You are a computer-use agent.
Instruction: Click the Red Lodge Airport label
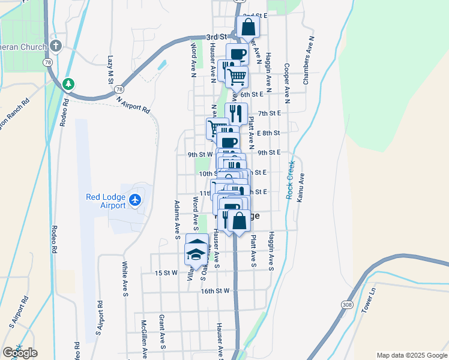pyautogui.click(x=106, y=200)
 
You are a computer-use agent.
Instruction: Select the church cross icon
pyautogui.click(x=56, y=46)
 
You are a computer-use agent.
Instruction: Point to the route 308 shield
pyautogui.click(x=348, y=305)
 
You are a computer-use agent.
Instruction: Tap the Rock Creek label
pyautogui.click(x=290, y=180)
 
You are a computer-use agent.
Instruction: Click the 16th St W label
pyautogui.click(x=215, y=291)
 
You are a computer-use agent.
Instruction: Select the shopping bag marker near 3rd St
pyautogui.click(x=248, y=26)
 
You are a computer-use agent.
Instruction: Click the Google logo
pyautogui.click(x=20, y=353)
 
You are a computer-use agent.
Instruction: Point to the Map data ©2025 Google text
pyautogui.click(x=411, y=355)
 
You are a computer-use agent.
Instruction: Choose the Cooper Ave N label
pyautogui.click(x=287, y=83)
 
